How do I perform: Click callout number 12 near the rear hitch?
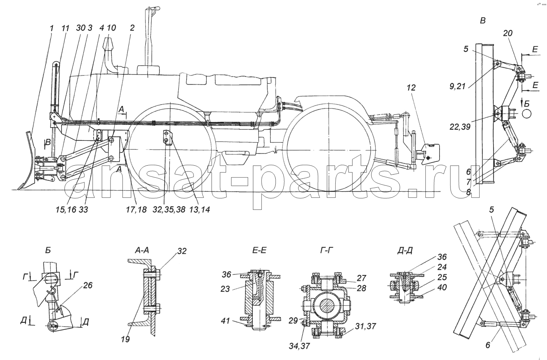[x=411, y=88]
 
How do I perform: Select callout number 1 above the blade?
[x=52, y=28]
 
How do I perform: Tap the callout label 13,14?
[x=200, y=209]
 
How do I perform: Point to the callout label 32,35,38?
[x=169, y=209]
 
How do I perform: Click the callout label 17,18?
[x=136, y=209]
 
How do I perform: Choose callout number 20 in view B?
[x=508, y=33]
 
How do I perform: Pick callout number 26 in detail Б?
[x=88, y=285]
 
